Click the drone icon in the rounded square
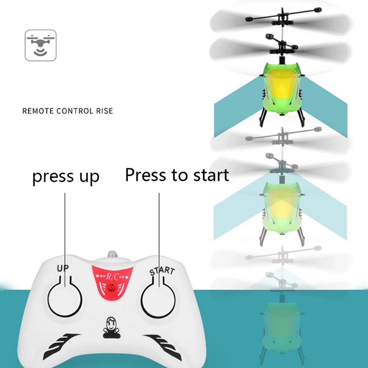click(x=41, y=45)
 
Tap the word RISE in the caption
click(x=104, y=111)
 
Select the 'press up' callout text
click(x=66, y=176)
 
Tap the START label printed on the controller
click(x=162, y=271)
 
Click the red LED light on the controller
click(x=112, y=287)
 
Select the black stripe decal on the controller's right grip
click(x=164, y=343)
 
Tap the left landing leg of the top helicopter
click(x=263, y=117)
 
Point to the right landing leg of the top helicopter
click(x=301, y=117)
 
